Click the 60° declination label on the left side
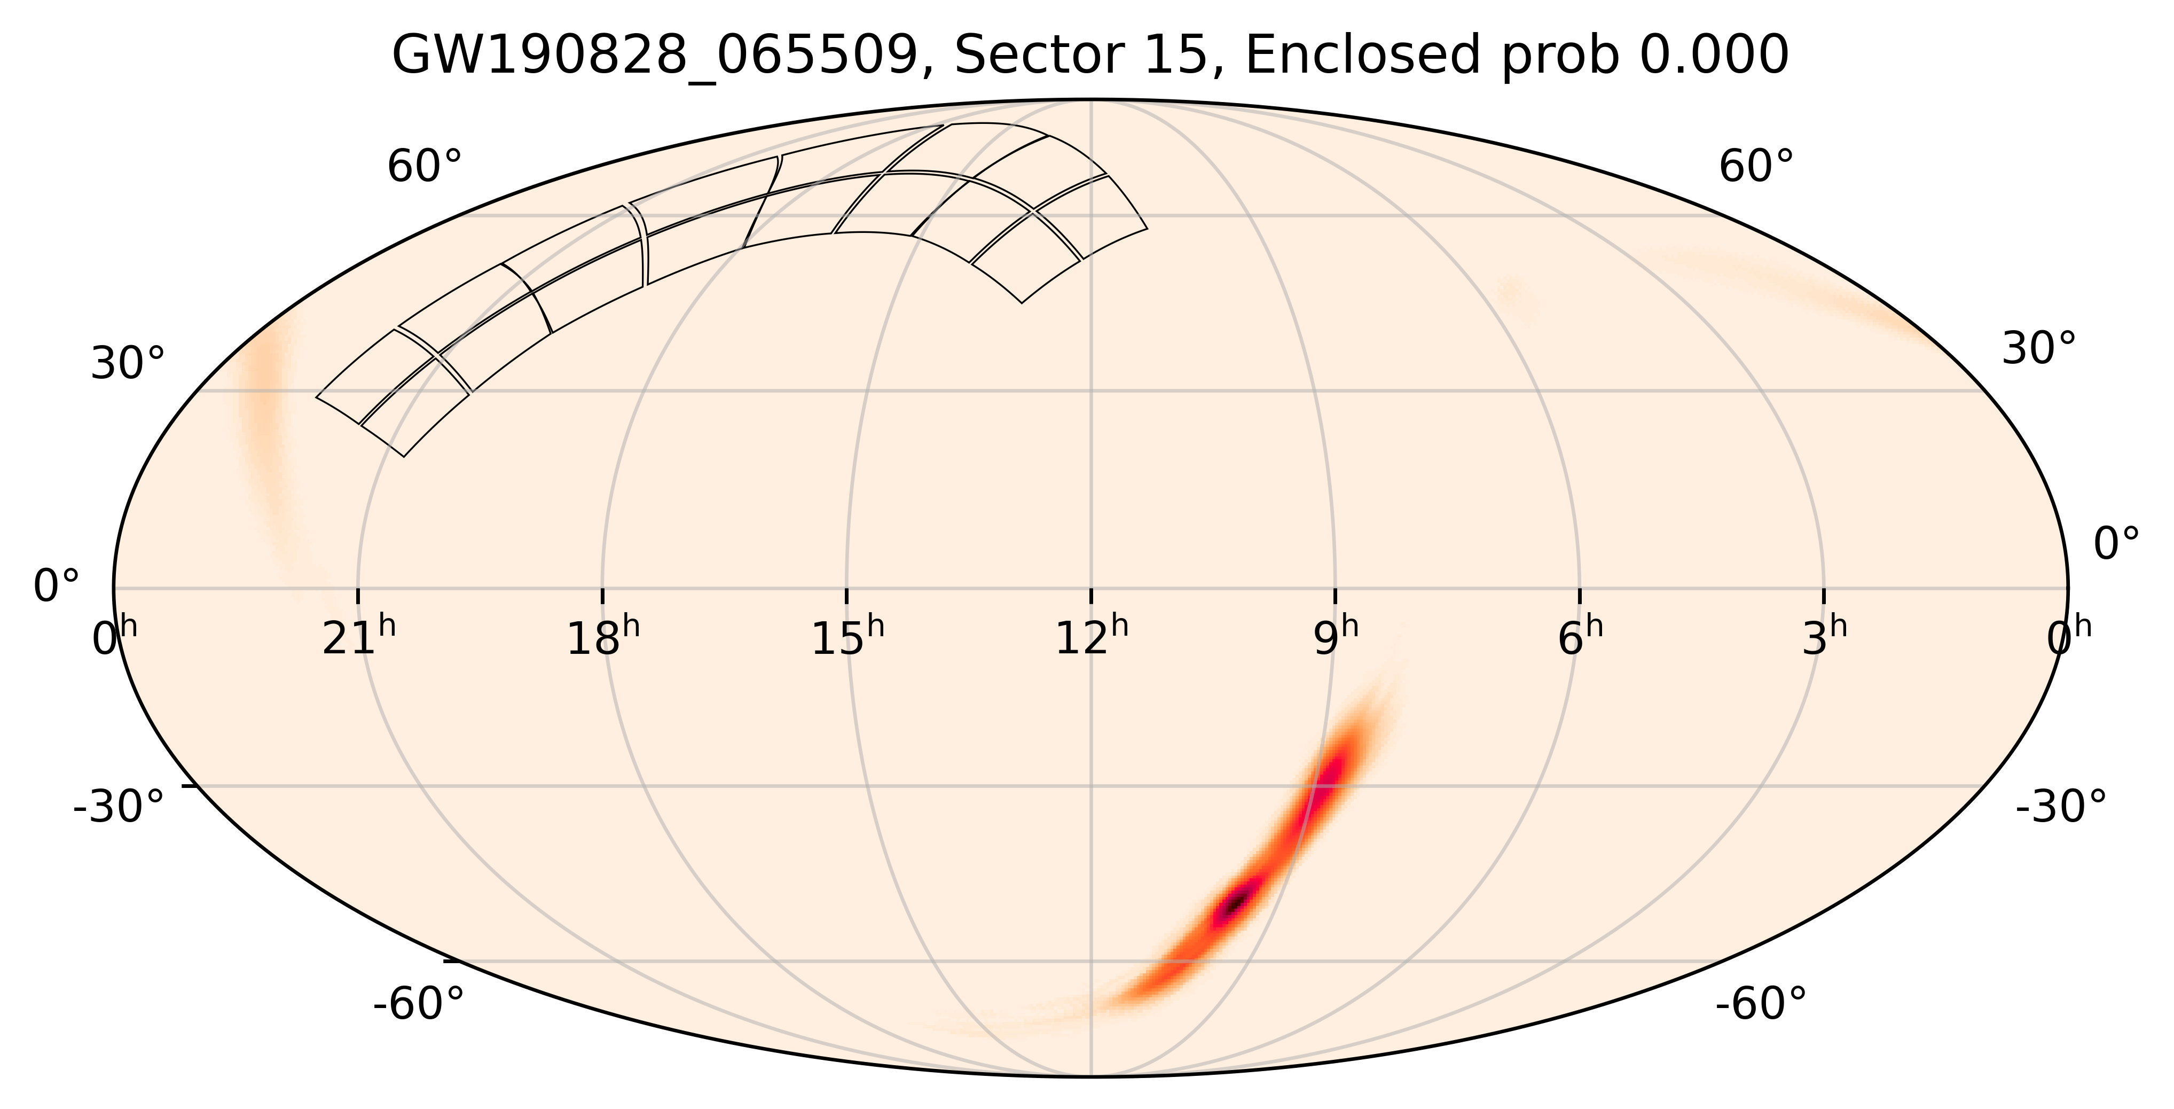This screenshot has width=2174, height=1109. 425,167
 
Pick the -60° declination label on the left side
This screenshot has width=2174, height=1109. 419,1005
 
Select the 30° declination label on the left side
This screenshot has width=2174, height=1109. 128,365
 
